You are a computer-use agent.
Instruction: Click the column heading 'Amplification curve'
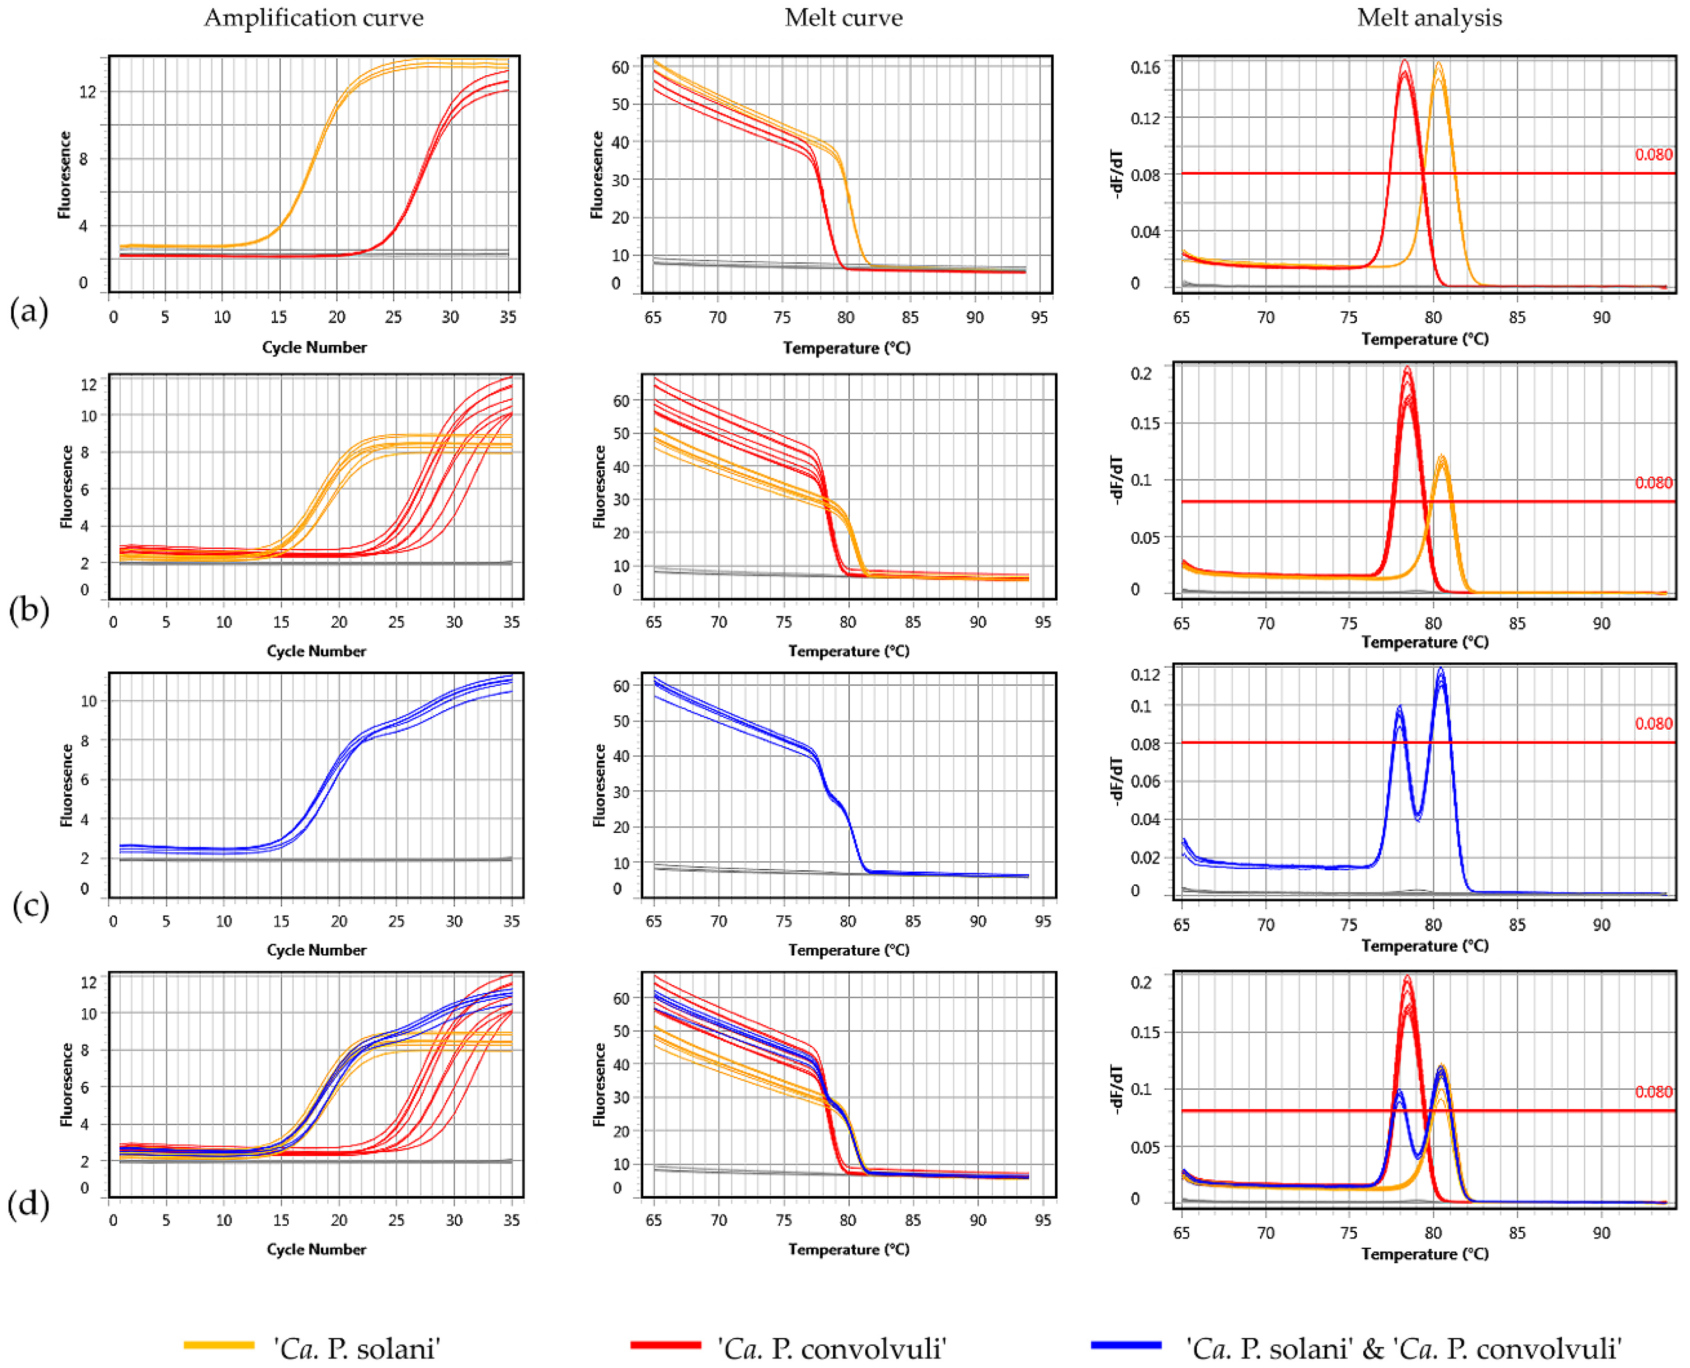click(x=314, y=18)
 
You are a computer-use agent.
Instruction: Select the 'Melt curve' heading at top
click(x=844, y=18)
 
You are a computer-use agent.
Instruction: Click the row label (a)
click(x=28, y=311)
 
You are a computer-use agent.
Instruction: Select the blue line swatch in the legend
click(x=1126, y=1344)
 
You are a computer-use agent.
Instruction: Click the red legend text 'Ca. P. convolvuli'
click(x=832, y=1348)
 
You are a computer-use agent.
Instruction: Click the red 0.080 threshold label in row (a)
click(x=1653, y=154)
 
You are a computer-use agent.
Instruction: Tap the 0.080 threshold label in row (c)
click(x=1653, y=724)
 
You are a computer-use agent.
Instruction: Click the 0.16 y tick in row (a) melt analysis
click(x=1145, y=67)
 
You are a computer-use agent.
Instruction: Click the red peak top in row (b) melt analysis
click(x=1408, y=369)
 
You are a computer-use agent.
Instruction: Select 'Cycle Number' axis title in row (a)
click(x=314, y=347)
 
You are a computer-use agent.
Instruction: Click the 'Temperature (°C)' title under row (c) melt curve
click(x=848, y=950)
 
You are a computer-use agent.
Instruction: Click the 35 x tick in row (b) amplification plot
click(x=512, y=622)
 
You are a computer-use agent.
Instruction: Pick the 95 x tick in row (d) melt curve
click(x=1042, y=1220)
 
